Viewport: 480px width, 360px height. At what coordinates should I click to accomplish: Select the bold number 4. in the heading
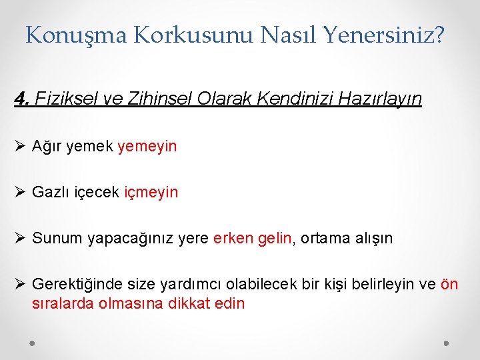pos(23,99)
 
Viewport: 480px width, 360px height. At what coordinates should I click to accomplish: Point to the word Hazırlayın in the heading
pos(380,99)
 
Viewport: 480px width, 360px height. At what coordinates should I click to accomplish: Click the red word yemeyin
pos(147,146)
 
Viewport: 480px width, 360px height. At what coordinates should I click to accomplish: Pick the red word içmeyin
pos(151,192)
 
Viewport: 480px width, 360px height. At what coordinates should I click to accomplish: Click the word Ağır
pos(47,146)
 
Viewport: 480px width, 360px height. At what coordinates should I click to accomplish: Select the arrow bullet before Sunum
pos(20,238)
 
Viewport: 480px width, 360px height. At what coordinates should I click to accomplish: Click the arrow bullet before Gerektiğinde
pos(20,284)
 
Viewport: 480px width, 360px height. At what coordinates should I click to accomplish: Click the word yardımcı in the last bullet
pos(191,284)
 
